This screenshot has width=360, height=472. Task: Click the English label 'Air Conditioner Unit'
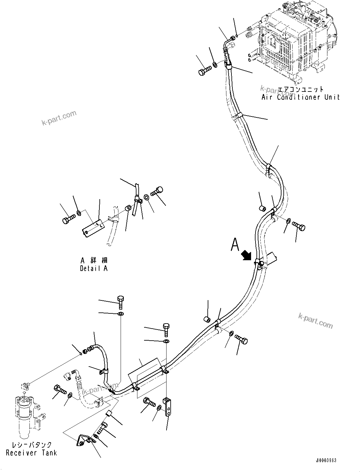[x=300, y=97]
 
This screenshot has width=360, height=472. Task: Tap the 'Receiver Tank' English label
[x=31, y=453]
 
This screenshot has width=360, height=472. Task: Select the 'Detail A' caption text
[x=94, y=268]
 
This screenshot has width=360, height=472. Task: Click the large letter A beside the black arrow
[x=235, y=245]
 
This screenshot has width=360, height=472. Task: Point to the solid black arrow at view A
[x=246, y=255]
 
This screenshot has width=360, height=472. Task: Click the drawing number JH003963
[x=326, y=460]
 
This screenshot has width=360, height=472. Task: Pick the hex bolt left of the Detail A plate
[x=69, y=219]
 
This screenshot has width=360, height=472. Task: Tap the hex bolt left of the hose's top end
[x=205, y=70]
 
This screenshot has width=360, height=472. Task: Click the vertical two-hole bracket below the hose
[x=167, y=407]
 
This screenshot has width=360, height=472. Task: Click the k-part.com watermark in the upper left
[x=59, y=118]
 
